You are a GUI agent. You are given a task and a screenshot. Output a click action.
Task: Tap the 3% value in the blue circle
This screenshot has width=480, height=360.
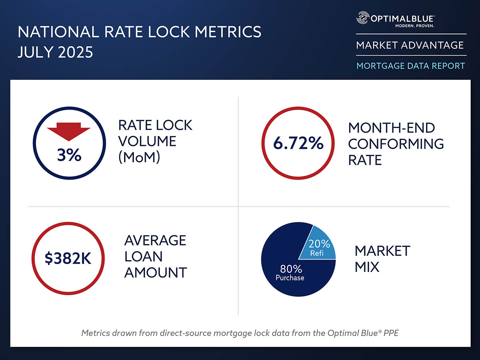point(69,155)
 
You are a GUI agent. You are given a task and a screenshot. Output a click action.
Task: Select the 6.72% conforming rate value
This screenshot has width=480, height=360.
point(298,143)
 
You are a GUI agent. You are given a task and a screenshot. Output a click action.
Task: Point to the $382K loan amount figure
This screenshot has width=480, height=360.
point(68,259)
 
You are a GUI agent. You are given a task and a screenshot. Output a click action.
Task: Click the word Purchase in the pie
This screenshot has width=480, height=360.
point(290,278)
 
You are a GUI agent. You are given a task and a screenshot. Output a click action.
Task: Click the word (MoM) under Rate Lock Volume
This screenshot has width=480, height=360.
point(139,158)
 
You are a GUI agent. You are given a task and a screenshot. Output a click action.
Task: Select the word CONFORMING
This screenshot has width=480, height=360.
point(396,144)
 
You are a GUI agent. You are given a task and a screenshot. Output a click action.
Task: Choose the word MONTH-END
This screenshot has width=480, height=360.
point(386,128)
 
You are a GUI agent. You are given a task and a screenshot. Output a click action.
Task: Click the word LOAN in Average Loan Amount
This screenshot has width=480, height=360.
point(142,256)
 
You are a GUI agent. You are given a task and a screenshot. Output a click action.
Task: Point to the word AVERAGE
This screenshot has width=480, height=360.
point(155,240)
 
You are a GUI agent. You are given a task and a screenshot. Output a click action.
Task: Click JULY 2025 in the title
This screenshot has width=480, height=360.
point(55,52)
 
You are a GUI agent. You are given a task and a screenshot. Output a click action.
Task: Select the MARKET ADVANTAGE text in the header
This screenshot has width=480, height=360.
point(410,45)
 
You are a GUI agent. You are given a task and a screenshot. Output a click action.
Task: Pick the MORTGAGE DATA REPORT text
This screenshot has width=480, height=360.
point(411,66)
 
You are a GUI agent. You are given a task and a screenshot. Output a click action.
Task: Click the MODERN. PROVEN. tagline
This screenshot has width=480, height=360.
point(414,26)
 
